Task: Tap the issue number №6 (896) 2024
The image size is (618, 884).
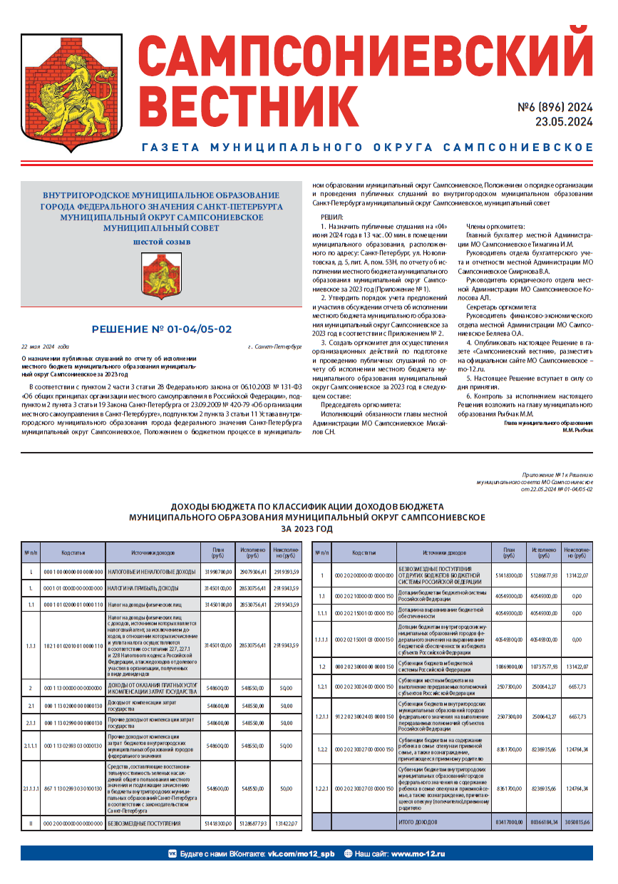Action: pyautogui.click(x=555, y=108)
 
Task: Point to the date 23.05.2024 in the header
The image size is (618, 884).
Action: pyautogui.click(x=564, y=122)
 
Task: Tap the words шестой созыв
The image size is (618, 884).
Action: pyautogui.click(x=163, y=242)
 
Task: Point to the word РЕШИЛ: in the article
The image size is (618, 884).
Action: pyautogui.click(x=331, y=216)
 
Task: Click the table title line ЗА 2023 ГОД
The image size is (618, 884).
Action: pyautogui.click(x=307, y=530)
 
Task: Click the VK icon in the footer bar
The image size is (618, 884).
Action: pyautogui.click(x=172, y=853)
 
